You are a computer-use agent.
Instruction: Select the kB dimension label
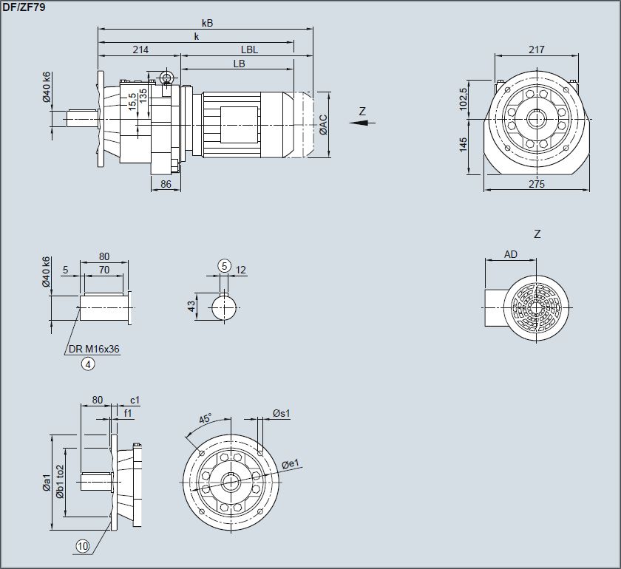207,23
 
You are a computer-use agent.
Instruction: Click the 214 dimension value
140,50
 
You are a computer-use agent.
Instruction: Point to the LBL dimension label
249,50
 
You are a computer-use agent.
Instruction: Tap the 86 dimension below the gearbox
166,184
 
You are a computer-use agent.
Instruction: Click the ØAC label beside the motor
323,125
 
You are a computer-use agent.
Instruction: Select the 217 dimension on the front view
537,50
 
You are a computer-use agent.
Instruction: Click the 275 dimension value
537,184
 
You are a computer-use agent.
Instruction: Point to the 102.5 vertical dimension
464,98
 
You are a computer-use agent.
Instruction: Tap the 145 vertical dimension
464,144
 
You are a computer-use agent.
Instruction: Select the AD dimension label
511,254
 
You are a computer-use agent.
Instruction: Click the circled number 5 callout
225,266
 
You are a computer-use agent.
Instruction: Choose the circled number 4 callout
88,363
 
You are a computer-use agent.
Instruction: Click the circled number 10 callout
83,546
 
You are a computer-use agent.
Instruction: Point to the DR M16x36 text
95,349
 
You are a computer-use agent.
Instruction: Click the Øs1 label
282,413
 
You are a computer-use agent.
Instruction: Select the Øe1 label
291,463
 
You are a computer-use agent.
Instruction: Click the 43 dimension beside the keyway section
191,306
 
